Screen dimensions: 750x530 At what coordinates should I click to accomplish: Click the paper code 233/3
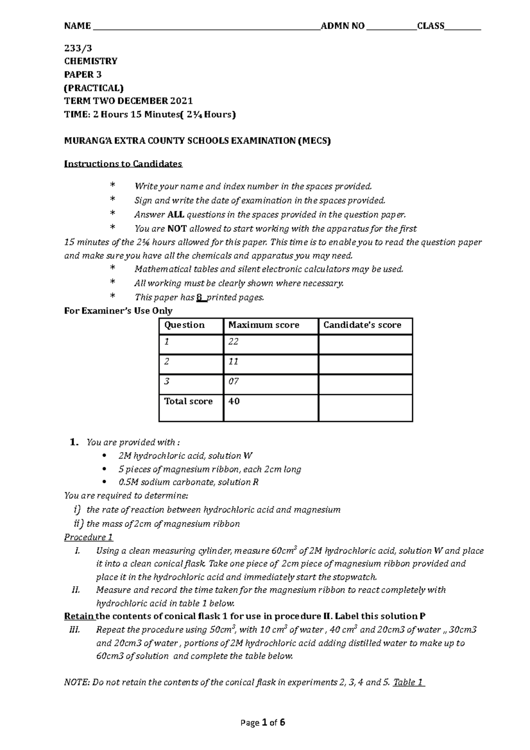[78, 48]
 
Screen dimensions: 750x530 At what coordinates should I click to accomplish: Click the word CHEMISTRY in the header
[91, 61]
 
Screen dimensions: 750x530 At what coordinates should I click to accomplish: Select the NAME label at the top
[77, 26]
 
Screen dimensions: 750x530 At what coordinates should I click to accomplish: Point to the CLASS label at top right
[431, 26]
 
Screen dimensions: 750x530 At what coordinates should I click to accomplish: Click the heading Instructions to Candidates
[123, 164]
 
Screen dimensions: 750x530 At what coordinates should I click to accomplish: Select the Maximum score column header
[264, 325]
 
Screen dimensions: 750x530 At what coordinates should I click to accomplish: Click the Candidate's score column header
[362, 325]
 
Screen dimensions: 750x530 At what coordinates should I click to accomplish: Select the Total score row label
[189, 402]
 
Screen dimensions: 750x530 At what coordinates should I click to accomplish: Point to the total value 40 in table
[234, 402]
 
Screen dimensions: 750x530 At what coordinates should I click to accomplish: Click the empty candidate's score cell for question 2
[365, 364]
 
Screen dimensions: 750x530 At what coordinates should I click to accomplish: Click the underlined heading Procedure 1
[89, 538]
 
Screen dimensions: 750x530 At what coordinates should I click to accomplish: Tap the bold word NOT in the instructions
[177, 229]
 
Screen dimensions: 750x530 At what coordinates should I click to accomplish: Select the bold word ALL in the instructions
[176, 215]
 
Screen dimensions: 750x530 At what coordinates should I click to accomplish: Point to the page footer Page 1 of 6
[263, 723]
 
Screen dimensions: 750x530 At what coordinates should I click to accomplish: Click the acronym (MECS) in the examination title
[314, 141]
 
